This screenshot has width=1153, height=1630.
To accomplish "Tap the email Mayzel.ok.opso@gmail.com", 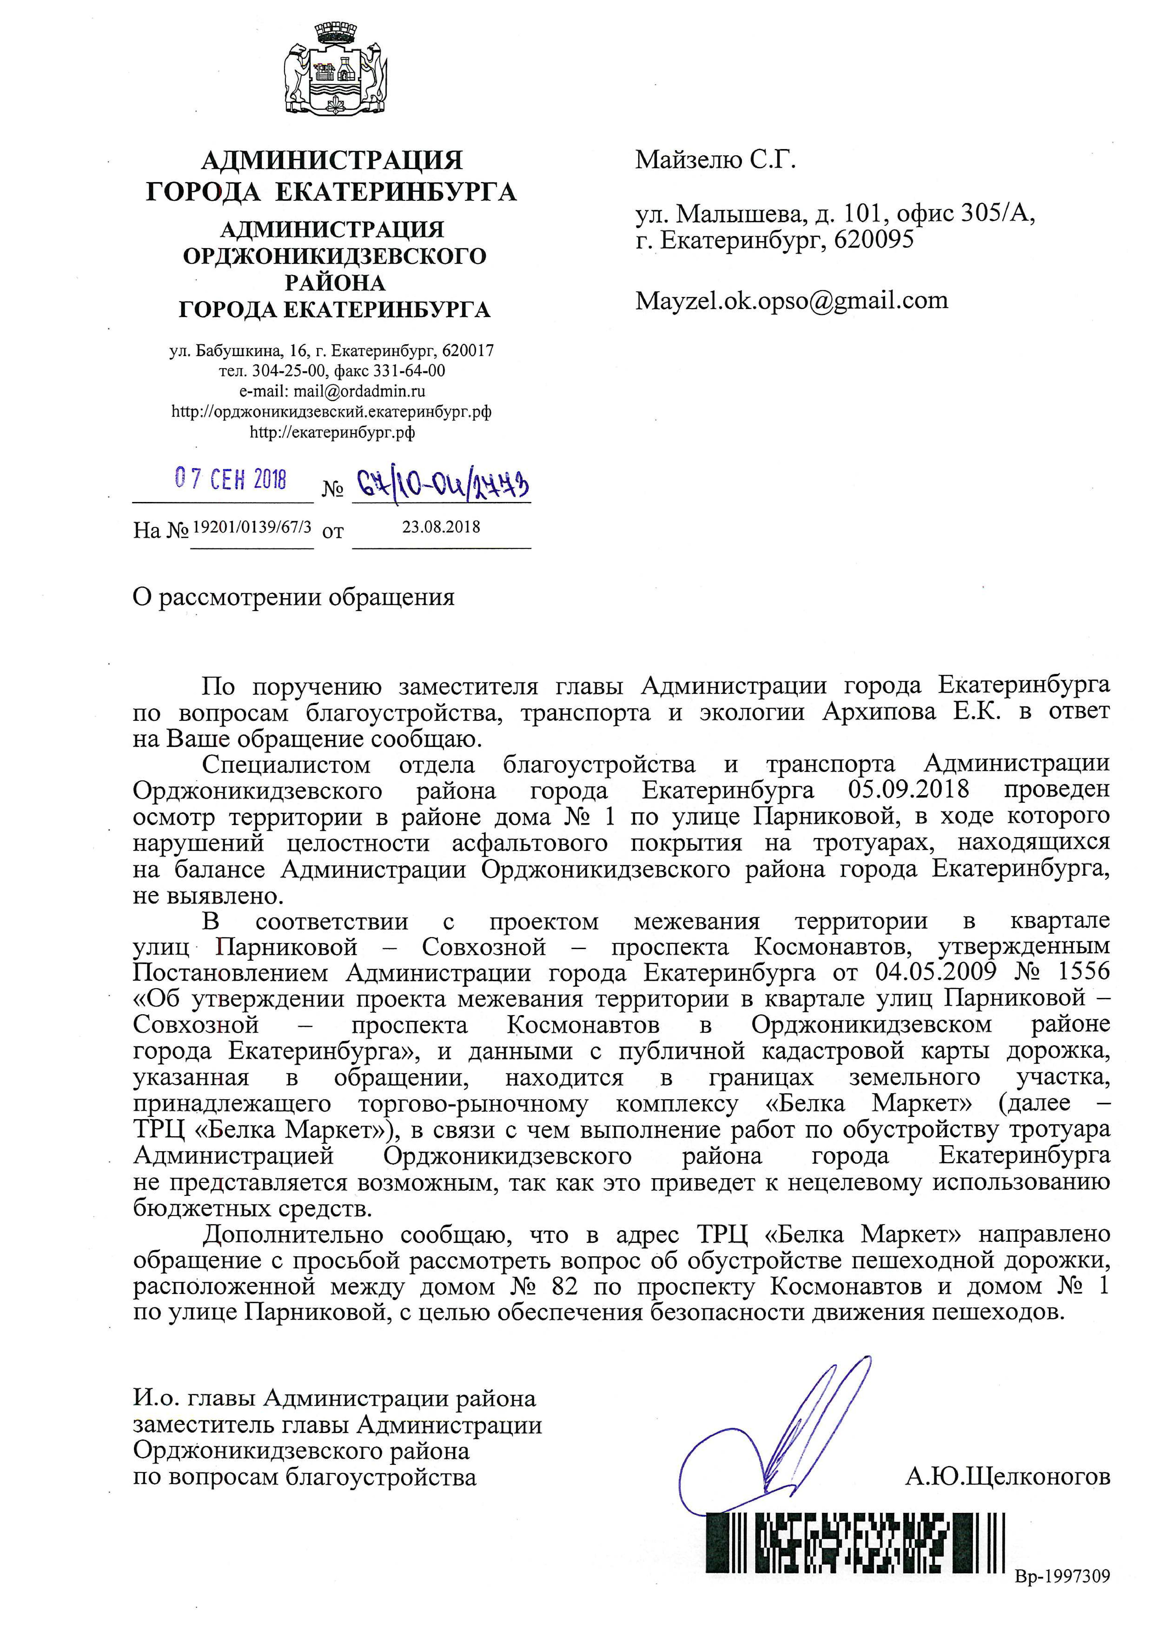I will (x=792, y=300).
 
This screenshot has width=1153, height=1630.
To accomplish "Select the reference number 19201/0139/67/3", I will (x=252, y=527).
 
